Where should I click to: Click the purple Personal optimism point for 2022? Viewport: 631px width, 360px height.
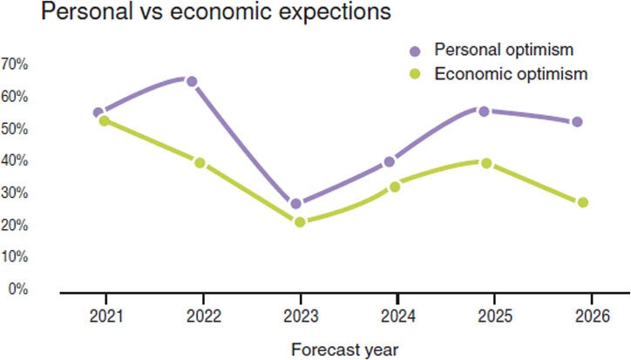[192, 82]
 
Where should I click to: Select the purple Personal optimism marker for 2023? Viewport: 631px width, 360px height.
[296, 204]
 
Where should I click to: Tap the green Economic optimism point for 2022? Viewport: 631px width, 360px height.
[200, 163]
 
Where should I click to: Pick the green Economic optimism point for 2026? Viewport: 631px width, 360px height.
[583, 202]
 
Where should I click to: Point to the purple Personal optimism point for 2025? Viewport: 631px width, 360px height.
[484, 112]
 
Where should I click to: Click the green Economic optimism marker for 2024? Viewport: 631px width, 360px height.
[395, 187]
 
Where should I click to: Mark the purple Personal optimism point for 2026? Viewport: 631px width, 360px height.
[577, 122]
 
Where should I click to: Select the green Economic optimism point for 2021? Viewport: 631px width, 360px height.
[105, 121]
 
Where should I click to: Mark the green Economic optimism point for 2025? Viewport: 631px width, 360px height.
[486, 163]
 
